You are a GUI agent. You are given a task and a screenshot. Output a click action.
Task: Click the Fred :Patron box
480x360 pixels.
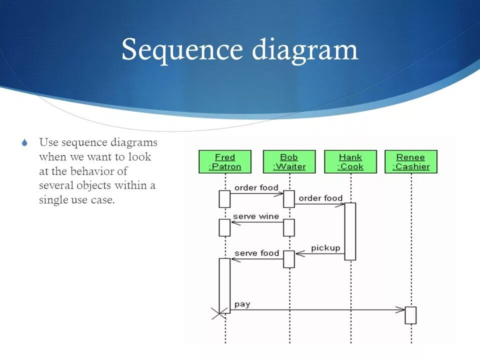[x=225, y=161]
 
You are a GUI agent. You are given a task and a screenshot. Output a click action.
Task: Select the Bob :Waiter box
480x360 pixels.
[x=289, y=161]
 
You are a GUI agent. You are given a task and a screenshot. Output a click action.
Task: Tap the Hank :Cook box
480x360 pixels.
[x=350, y=161]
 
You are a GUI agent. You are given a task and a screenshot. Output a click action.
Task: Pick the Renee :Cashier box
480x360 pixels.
[x=411, y=161]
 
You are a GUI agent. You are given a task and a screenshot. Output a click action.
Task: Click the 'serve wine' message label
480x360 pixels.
[x=256, y=216]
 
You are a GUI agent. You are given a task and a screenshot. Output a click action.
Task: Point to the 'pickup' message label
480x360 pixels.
[x=325, y=248]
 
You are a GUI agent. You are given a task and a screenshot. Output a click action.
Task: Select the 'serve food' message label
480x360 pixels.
[x=256, y=253]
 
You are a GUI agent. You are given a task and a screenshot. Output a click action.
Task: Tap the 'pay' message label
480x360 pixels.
[x=242, y=304]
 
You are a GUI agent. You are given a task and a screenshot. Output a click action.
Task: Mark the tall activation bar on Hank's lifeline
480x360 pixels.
[x=350, y=231]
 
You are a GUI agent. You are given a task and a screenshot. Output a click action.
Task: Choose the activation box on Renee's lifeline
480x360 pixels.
[x=410, y=315]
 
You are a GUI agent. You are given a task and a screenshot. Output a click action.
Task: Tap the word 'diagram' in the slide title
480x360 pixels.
[x=305, y=50]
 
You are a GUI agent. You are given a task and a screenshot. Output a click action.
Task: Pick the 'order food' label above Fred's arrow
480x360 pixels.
[x=256, y=188]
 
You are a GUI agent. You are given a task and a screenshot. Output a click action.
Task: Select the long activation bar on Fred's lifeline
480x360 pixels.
[x=225, y=285]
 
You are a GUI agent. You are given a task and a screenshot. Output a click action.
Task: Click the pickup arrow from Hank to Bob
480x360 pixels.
[x=320, y=254]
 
